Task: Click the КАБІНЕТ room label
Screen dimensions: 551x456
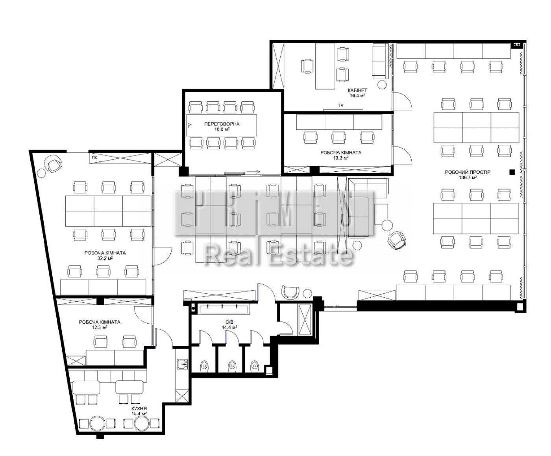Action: click(357, 90)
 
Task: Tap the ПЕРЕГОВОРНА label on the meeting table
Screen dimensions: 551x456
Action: click(222, 124)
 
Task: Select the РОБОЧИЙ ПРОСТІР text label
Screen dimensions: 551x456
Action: click(468, 172)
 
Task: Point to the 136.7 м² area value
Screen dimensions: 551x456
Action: click(468, 178)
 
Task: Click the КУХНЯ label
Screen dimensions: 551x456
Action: click(139, 408)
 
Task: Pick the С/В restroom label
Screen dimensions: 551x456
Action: click(229, 323)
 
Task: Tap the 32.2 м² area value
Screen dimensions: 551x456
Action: click(105, 258)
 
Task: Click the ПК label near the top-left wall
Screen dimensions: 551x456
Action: click(94, 158)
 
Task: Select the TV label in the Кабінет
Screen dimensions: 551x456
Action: click(341, 106)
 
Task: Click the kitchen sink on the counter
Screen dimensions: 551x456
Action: click(182, 365)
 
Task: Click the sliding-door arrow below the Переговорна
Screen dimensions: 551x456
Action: click(254, 172)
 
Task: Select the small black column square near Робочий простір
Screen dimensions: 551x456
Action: click(512, 172)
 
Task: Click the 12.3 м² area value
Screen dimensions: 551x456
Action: click(100, 327)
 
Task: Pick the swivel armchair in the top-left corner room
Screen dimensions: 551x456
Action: click(54, 163)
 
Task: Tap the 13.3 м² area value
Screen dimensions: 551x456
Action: click(341, 158)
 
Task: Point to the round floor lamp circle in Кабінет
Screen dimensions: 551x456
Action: click(382, 85)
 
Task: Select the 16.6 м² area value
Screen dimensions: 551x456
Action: click(222, 130)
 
